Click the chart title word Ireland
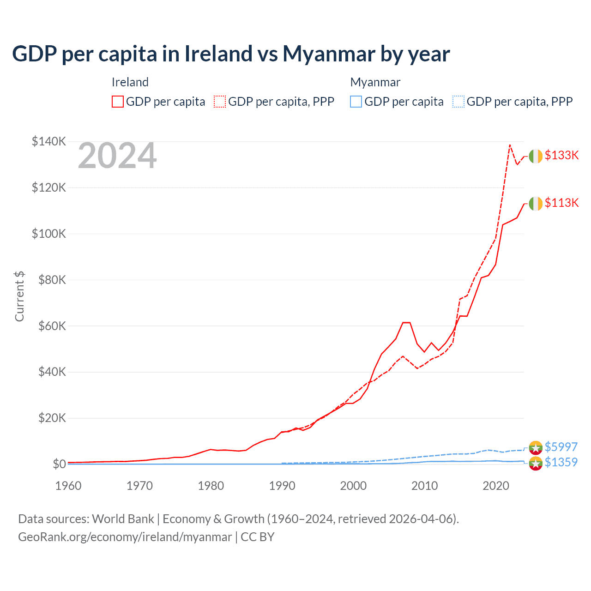coord(218,54)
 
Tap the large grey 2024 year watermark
coord(117,156)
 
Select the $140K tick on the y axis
coord(49,141)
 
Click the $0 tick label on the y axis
coord(59,464)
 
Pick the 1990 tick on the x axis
coord(282,486)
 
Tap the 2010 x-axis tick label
coord(424,486)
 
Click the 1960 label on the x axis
coord(68,486)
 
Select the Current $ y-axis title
coord(19,296)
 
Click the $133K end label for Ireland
coord(561,155)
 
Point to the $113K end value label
coord(561,203)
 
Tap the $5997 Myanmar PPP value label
coord(561,447)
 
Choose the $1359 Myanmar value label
coord(561,462)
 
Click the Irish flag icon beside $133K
coord(536,157)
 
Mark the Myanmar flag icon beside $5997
coord(536,447)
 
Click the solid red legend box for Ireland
coord(118,102)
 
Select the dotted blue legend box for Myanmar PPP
coord(458,102)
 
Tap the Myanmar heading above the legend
coord(375,82)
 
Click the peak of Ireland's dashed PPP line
coord(510,145)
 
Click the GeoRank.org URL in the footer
coord(125,537)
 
